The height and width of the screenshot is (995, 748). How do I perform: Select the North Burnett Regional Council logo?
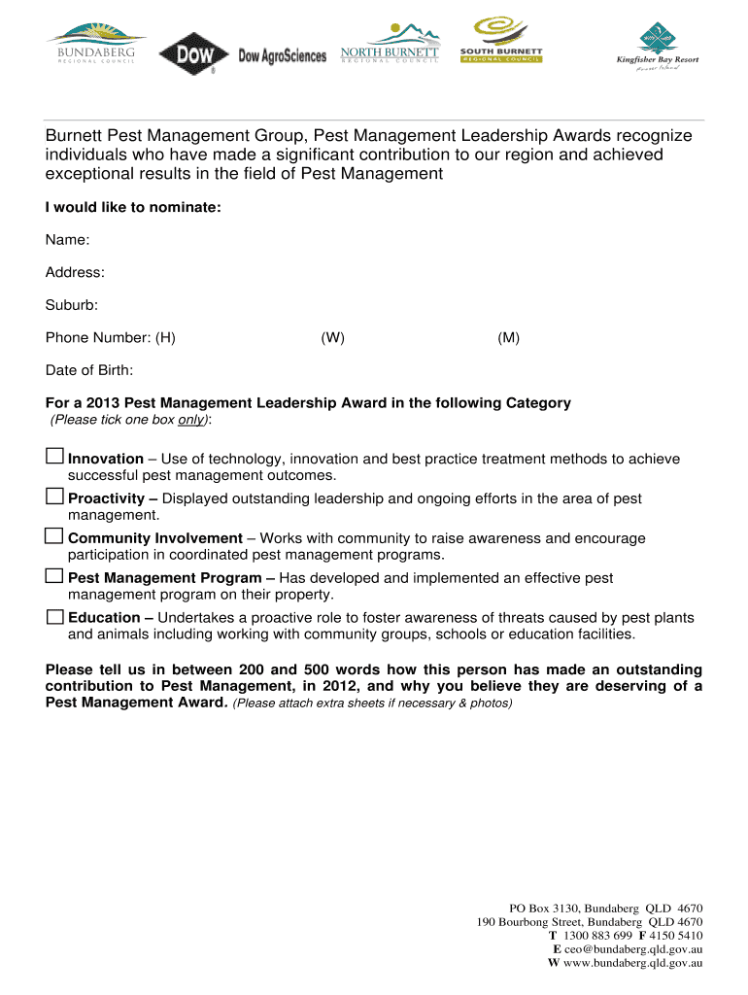tap(390, 44)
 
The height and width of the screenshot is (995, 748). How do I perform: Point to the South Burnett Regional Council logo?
tap(501, 40)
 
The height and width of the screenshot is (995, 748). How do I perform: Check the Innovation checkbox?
tap(55, 457)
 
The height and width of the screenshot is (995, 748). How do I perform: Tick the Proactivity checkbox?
tap(55, 497)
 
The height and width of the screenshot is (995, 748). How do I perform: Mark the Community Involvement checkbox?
tap(55, 536)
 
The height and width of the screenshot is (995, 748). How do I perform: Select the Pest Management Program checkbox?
tap(55, 576)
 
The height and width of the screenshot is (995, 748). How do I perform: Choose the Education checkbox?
tap(55, 616)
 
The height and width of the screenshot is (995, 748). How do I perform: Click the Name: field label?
tap(68, 240)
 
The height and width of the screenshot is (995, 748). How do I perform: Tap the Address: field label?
tap(75, 273)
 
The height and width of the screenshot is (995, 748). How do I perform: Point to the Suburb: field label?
tap(72, 305)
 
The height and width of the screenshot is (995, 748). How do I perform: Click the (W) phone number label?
tap(333, 338)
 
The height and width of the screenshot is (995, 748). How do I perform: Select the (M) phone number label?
tap(508, 338)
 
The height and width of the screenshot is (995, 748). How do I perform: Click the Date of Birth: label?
tap(89, 370)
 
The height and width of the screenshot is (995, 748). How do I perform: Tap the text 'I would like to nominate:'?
tap(126, 207)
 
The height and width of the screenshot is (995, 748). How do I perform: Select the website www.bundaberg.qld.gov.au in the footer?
tap(632, 963)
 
